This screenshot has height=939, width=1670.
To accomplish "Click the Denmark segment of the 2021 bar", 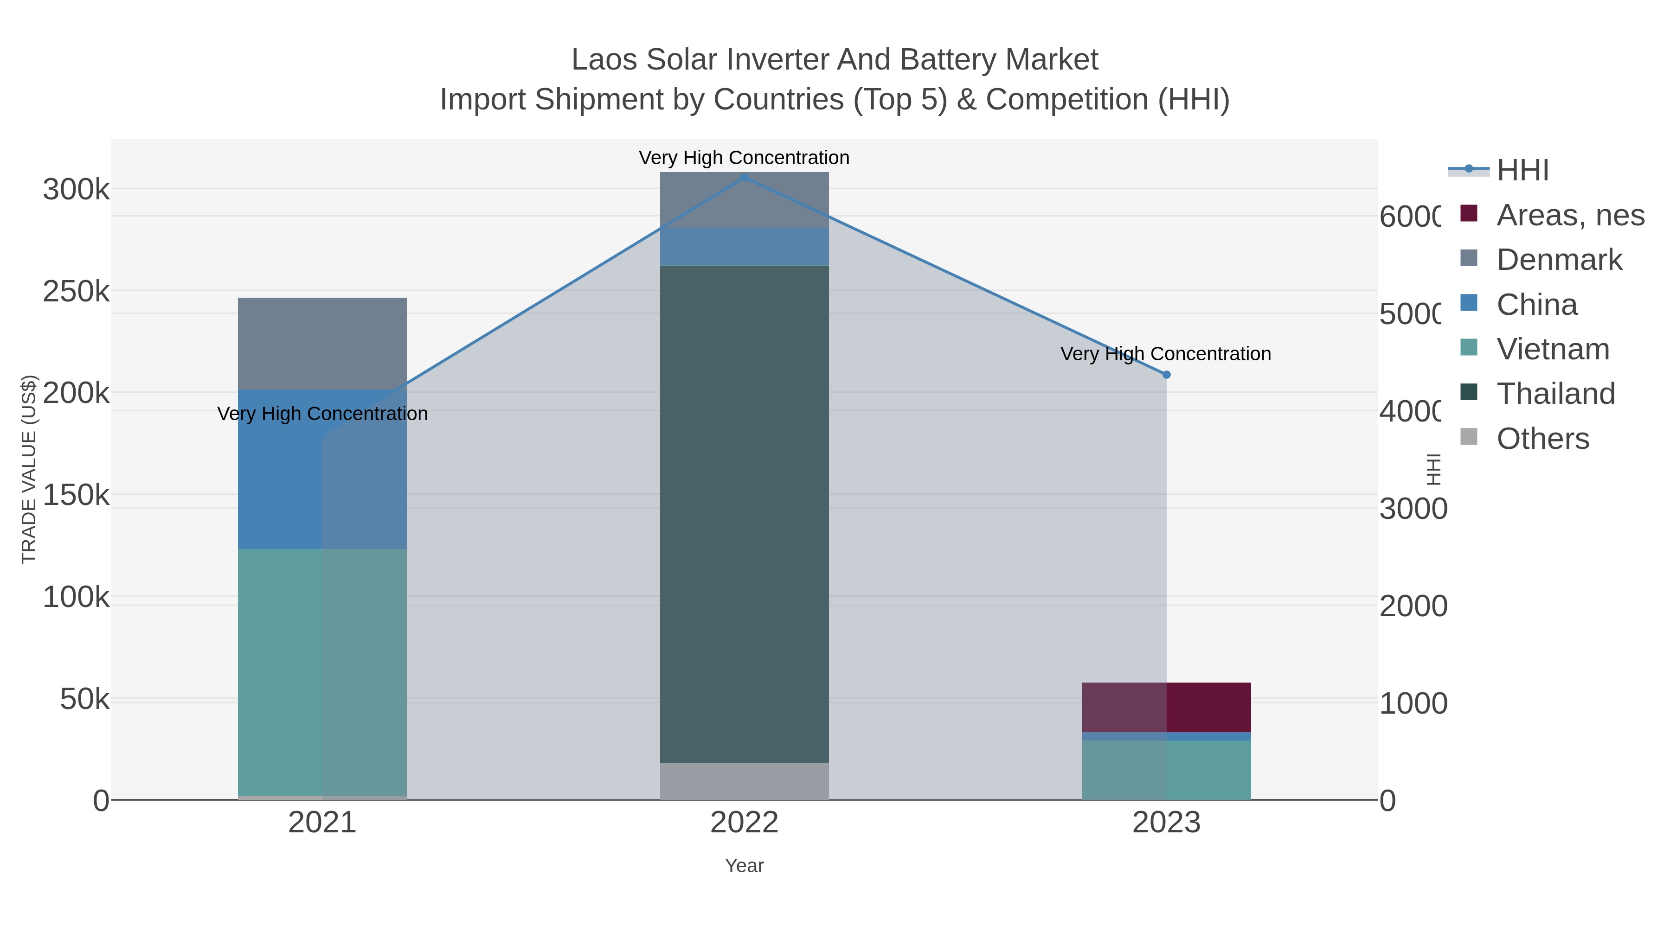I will pyautogui.click(x=322, y=344).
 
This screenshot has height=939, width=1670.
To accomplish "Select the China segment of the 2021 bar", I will pyautogui.click(x=322, y=469).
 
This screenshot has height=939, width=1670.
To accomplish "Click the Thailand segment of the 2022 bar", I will pyautogui.click(x=744, y=514).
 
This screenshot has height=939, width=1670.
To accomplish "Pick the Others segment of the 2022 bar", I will pyautogui.click(x=744, y=781).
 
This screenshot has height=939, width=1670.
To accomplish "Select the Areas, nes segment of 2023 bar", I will pyautogui.click(x=1166, y=707).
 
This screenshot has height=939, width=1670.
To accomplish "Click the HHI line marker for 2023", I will pyautogui.click(x=1166, y=375).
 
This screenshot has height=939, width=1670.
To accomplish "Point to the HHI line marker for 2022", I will pyautogui.click(x=744, y=177).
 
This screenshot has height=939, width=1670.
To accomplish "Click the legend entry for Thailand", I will pyautogui.click(x=1555, y=393).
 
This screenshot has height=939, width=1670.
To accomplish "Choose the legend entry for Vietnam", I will pyautogui.click(x=1553, y=349).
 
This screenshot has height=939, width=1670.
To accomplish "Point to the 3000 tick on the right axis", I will pyautogui.click(x=1413, y=509).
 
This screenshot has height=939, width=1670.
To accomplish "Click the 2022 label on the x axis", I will pyautogui.click(x=744, y=822).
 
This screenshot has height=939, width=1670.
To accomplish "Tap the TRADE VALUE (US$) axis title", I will pyautogui.click(x=29, y=469).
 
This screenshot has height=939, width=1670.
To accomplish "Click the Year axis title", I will pyautogui.click(x=744, y=865).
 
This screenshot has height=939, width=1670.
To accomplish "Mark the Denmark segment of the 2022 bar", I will pyautogui.click(x=744, y=199).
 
